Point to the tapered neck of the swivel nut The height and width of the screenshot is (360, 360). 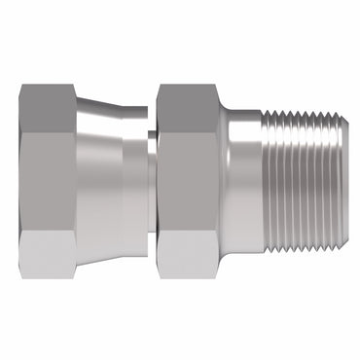(x=97, y=179)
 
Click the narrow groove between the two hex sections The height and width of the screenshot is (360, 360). (x=151, y=179)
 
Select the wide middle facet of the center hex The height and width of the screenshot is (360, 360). (x=187, y=179)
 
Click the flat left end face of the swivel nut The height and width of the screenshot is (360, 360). (x=20, y=179)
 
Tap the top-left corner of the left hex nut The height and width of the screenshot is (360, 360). (x=22, y=88)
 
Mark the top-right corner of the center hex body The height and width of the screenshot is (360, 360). (x=218, y=90)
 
